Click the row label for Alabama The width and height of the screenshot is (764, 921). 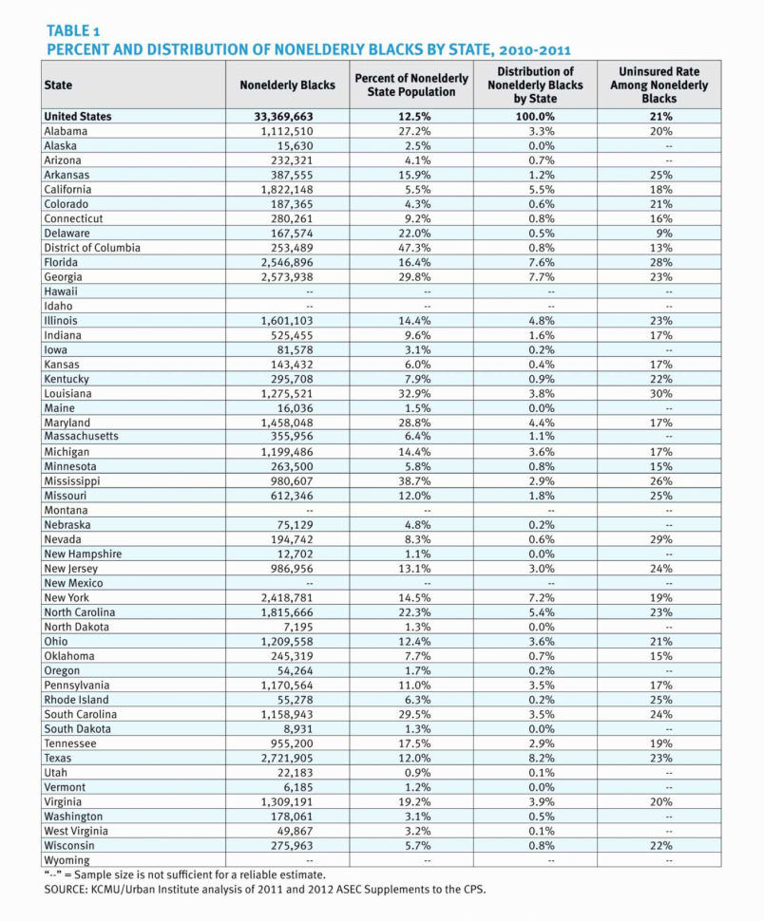point(66,131)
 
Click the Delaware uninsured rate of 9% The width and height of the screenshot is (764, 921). point(663,234)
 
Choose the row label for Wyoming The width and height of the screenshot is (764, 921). point(67,860)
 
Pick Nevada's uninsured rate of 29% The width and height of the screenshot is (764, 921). point(663,539)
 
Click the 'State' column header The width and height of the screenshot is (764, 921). point(58,85)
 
